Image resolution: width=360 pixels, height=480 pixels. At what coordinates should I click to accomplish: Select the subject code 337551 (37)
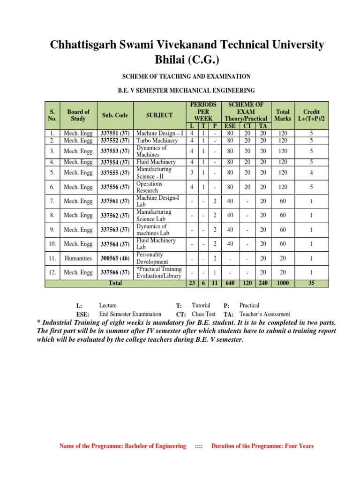pyautogui.click(x=115, y=134)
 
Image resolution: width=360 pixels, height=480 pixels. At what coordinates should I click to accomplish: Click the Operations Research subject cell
pyautogui.click(x=150, y=187)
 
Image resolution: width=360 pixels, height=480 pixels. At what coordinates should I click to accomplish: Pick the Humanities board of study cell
pyautogui.click(x=78, y=258)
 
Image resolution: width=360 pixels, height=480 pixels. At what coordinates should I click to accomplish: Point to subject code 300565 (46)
pyautogui.click(x=115, y=258)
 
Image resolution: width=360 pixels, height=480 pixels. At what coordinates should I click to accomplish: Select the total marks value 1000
pyautogui.click(x=283, y=283)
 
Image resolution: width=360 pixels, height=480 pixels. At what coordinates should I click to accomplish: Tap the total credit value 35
pyautogui.click(x=311, y=283)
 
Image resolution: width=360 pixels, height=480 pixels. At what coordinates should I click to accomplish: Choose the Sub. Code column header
pyautogui.click(x=115, y=115)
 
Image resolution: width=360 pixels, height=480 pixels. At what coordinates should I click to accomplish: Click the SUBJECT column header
pyautogui.click(x=159, y=115)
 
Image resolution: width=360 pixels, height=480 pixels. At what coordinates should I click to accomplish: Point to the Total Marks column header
pyautogui.click(x=283, y=115)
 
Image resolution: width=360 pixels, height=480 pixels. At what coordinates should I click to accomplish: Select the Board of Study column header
pyautogui.click(x=78, y=115)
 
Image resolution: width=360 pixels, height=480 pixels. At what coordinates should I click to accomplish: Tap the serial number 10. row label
pyautogui.click(x=52, y=244)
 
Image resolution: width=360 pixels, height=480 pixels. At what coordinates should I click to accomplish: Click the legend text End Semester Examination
pyautogui.click(x=130, y=314)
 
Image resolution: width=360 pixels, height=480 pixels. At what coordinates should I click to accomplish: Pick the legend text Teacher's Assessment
pyautogui.click(x=264, y=314)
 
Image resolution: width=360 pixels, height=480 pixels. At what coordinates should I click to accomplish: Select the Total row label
pyautogui.click(x=115, y=283)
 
